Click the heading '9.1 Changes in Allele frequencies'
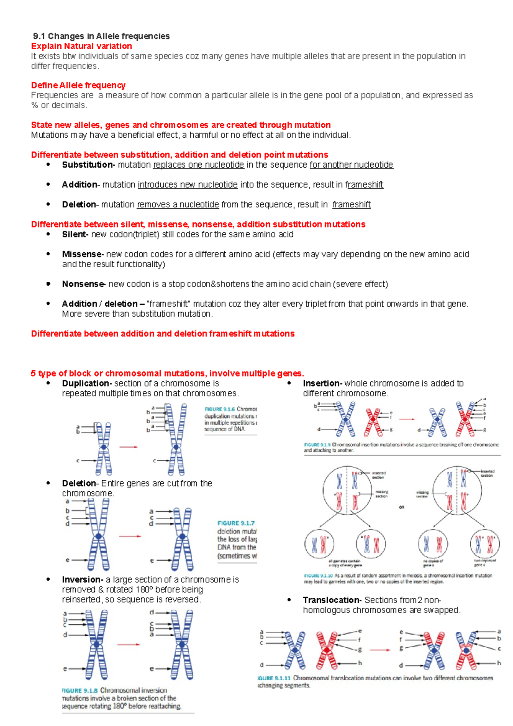pos(101,36)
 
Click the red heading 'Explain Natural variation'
pos(81,46)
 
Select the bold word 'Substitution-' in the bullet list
pos(88,165)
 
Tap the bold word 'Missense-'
pos(83,254)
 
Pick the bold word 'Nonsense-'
pos(83,284)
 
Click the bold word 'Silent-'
pos(75,235)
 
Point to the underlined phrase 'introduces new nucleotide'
pos(187,185)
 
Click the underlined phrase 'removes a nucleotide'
pos(178,205)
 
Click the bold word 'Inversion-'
pos(83,580)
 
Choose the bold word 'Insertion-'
pos(322,384)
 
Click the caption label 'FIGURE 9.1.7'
pos(236,523)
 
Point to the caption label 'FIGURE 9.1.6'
pos(219,409)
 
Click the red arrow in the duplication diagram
pos(128,447)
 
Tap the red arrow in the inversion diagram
pos(128,644)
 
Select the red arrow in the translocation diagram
pos(380,650)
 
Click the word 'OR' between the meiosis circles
pos(401,508)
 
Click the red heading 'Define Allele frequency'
pos(78,86)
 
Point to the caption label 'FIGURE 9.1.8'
pos(80,691)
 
